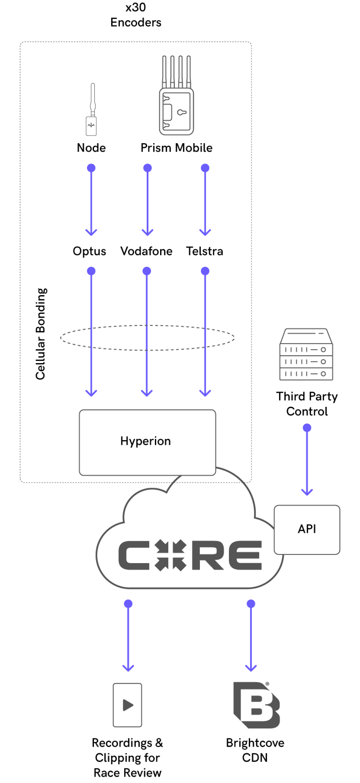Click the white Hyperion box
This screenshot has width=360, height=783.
pos(147,442)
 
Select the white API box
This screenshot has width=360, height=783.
pos(307,529)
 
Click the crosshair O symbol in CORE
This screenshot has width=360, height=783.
pos(170,555)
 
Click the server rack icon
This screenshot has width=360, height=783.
pos(306,354)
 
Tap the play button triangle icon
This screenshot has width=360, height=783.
pos(127,705)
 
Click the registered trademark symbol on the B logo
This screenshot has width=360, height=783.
pos(267,683)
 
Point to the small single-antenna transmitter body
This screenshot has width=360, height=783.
pos(91,126)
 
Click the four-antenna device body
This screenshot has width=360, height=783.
pos(176,112)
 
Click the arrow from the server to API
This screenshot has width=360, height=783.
pos(307,460)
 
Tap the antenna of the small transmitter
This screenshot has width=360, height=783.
pos(93,96)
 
